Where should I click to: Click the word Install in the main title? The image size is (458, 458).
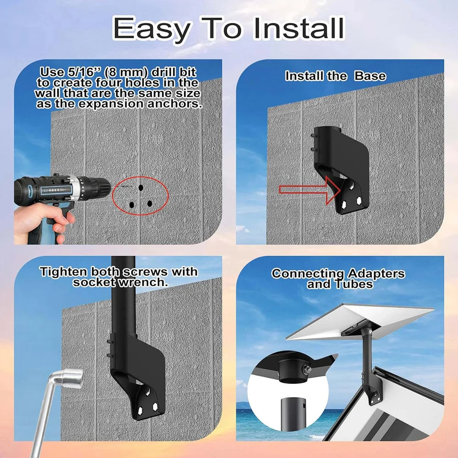298,28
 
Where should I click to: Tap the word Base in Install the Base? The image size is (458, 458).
370,76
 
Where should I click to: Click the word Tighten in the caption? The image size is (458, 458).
63,272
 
